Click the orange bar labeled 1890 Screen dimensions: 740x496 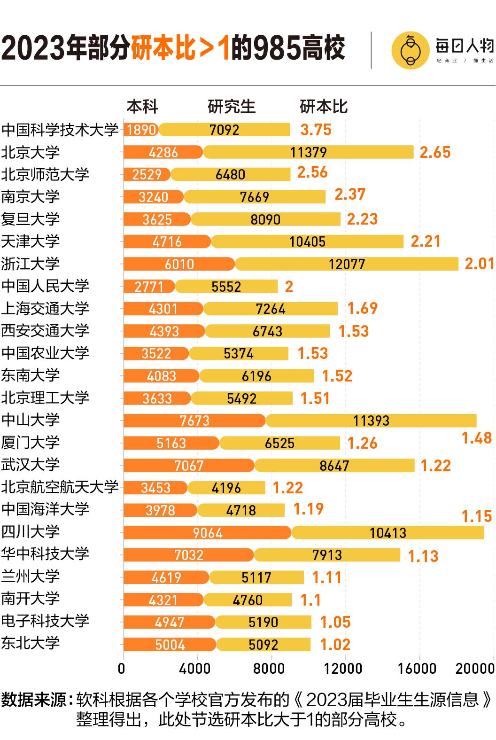point(141,130)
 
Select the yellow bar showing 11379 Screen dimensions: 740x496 point(308,152)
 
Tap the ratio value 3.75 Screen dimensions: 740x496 point(316,130)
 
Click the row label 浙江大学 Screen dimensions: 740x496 point(31,264)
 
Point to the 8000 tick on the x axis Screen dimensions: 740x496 point(269,669)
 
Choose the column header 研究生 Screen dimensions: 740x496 point(232,107)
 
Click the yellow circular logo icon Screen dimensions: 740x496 point(410,51)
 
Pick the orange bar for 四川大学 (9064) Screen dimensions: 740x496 point(207,533)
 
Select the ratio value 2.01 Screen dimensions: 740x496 point(480,264)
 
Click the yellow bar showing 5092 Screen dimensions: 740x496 point(263,645)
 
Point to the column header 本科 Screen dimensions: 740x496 point(142,107)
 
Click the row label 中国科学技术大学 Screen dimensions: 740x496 point(60,130)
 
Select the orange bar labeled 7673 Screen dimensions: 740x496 point(194,421)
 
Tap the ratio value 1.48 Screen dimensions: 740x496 point(476,438)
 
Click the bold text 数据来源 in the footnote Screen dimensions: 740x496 point(34,700)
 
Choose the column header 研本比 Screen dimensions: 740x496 point(324,107)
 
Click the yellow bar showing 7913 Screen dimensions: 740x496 point(327,555)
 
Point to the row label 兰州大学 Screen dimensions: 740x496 point(31,576)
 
